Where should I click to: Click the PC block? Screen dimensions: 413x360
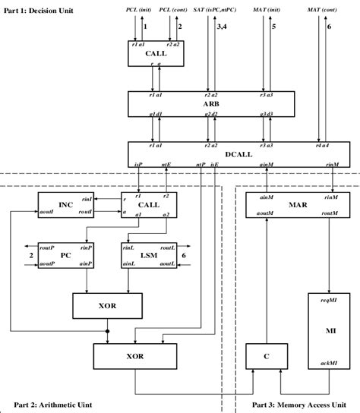pyautogui.click(x=65, y=256)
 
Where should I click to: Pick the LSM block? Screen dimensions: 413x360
pyautogui.click(x=149, y=256)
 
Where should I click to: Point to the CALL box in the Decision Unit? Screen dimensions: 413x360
pyautogui.click(x=156, y=53)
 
